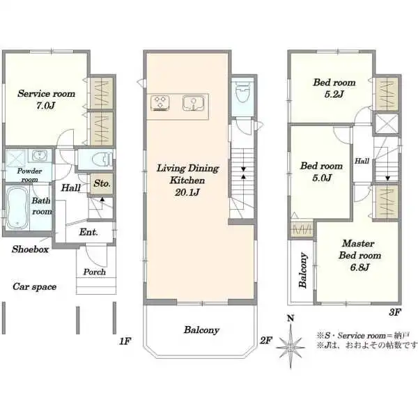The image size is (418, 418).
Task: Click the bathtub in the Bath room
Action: click(17, 208)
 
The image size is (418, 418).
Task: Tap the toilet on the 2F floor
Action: click(242, 92)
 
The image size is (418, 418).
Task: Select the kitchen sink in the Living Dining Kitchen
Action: click(194, 103)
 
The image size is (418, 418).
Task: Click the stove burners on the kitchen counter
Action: click(160, 103)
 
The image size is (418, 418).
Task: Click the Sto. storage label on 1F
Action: click(102, 183)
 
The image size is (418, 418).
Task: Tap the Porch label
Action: click(94, 272)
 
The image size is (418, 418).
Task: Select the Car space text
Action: click(34, 287)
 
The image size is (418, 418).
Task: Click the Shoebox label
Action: click(30, 249)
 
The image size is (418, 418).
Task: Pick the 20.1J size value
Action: click(187, 192)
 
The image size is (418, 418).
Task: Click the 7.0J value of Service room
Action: click(45, 106)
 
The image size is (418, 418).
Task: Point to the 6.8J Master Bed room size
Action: click(359, 267)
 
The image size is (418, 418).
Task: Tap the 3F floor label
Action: click(395, 312)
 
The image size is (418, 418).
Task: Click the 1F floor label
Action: click(125, 341)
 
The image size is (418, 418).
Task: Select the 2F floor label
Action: click(266, 341)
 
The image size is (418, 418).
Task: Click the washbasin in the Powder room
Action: click(40, 155)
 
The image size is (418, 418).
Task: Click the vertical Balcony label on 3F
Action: click(303, 270)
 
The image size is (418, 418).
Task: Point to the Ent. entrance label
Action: click(88, 232)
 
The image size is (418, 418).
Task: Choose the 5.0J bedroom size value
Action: click(322, 178)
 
